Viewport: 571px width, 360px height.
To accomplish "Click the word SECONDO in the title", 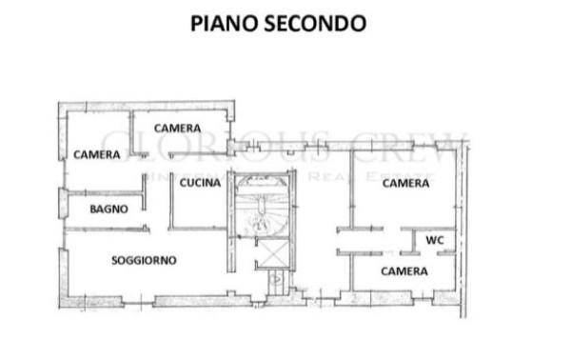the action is pyautogui.click(x=317, y=23).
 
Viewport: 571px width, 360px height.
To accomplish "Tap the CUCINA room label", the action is pyautogui.click(x=201, y=184).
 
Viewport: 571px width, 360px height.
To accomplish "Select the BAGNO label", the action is pyautogui.click(x=108, y=210).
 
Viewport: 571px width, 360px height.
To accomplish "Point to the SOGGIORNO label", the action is pyautogui.click(x=146, y=260).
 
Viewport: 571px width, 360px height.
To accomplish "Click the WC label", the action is pyautogui.click(x=435, y=240).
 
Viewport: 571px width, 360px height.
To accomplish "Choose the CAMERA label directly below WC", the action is pyautogui.click(x=404, y=271).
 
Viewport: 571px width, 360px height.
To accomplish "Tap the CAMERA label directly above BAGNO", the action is pyautogui.click(x=96, y=154).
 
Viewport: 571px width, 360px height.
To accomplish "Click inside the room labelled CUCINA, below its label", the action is pyautogui.click(x=201, y=210).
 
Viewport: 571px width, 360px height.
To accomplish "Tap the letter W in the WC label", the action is pyautogui.click(x=430, y=240).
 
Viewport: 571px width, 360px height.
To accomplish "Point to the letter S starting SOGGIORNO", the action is pyautogui.click(x=114, y=260).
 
